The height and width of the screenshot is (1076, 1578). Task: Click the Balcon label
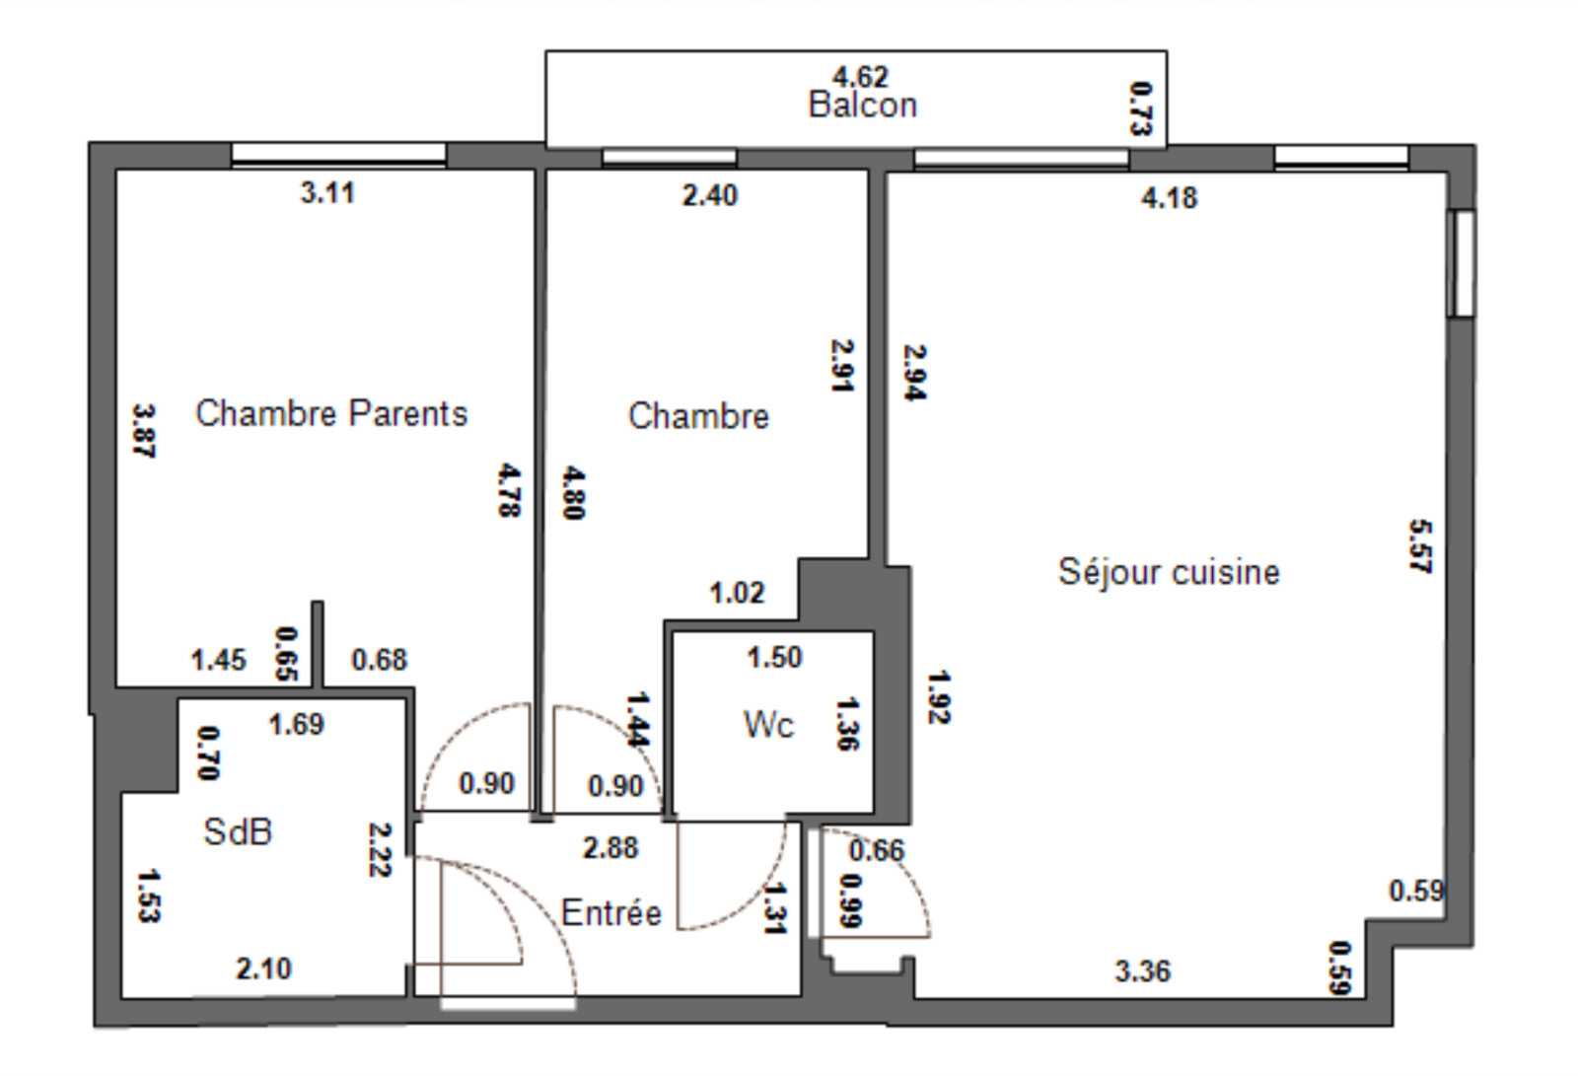click(862, 105)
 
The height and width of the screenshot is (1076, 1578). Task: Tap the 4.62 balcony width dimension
click(860, 76)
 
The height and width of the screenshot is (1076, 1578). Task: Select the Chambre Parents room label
click(331, 413)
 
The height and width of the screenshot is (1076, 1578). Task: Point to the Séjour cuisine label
click(1169, 572)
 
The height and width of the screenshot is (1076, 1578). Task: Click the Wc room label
click(768, 725)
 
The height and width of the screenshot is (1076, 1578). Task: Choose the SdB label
click(238, 831)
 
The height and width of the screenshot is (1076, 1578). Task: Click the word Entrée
click(610, 912)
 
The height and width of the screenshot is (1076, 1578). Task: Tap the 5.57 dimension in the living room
click(1420, 546)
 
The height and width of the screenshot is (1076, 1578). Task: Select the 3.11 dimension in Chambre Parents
click(327, 192)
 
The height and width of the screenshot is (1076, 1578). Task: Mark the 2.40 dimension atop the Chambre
click(709, 195)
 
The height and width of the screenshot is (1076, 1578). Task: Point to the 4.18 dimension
click(1169, 198)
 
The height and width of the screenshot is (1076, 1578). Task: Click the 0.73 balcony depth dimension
click(1140, 108)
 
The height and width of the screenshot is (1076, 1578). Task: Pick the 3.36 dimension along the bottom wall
click(1142, 971)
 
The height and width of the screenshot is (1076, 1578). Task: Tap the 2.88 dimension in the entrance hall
click(610, 847)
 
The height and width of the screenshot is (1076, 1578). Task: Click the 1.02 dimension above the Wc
click(737, 593)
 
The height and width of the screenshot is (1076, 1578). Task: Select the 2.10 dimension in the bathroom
click(263, 968)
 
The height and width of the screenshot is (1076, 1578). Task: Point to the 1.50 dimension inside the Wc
click(774, 657)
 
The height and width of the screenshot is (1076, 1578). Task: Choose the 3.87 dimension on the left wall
click(144, 430)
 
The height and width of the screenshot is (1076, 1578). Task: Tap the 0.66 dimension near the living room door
click(876, 850)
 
